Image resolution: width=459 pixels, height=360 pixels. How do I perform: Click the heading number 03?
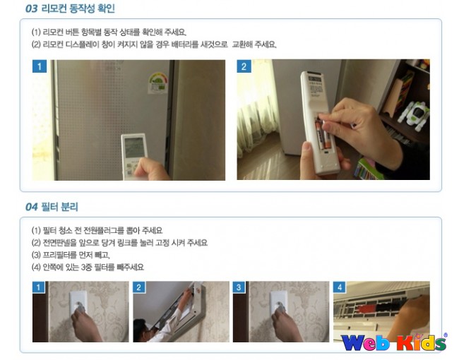pos(31,8)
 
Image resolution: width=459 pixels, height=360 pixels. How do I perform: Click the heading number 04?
pos(31,207)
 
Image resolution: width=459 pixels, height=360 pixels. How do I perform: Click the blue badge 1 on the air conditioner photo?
pos(40,66)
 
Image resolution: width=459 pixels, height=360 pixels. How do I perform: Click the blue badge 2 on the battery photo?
pos(244,66)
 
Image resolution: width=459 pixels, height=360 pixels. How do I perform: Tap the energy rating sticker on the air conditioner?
pos(157,83)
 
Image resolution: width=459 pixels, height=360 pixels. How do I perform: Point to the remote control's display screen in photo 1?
pos(134,148)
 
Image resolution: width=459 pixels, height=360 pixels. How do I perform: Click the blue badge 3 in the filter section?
pos(239,287)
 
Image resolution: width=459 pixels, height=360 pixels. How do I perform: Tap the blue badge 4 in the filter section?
pos(339,287)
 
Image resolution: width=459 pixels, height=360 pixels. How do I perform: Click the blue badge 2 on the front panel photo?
pos(138,287)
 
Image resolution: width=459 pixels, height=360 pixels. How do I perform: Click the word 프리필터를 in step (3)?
pos(57,255)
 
